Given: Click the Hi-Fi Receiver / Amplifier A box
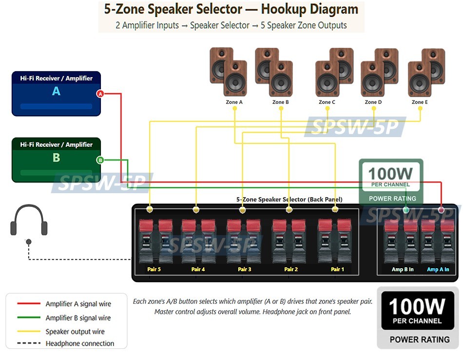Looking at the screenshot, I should (x=56, y=94).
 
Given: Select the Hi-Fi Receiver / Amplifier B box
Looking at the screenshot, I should (x=56, y=160).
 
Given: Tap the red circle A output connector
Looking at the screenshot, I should (x=100, y=94).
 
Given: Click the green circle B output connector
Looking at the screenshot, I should (x=100, y=160).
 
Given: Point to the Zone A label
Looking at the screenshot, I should (x=234, y=102).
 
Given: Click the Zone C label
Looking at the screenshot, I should (x=327, y=102).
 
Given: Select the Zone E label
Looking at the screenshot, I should (x=420, y=102).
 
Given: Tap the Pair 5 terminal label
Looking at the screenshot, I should (x=154, y=269).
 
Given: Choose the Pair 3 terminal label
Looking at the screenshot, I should (x=245, y=269).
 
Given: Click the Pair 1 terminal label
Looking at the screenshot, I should (x=337, y=269).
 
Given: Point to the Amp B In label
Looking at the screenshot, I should (x=403, y=269).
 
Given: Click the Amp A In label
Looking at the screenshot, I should (x=438, y=269).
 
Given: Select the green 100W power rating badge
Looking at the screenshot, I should (x=391, y=181).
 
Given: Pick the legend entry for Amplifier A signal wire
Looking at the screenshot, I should (x=78, y=304).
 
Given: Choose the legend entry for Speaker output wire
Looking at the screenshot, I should (x=75, y=332).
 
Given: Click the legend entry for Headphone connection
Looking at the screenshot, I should (x=79, y=343).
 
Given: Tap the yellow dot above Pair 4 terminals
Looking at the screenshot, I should (x=196, y=210).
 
